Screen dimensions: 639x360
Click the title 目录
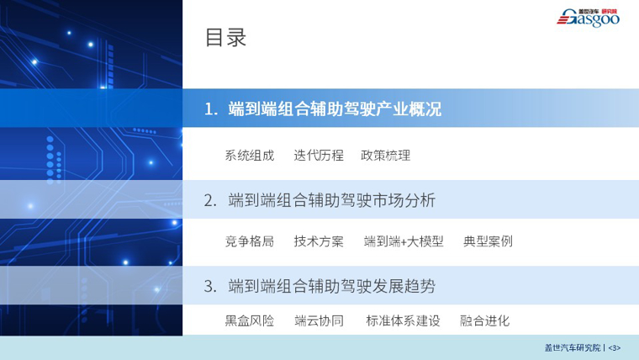(x=225, y=38)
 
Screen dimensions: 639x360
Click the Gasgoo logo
(x=588, y=18)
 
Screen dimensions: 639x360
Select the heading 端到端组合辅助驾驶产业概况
(x=335, y=109)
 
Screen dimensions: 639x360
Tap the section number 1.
(x=211, y=109)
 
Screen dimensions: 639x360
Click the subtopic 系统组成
(x=250, y=156)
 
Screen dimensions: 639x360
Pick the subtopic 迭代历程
(x=319, y=156)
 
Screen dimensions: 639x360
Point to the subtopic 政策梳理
(x=386, y=156)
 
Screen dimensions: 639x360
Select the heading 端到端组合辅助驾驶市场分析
(x=332, y=200)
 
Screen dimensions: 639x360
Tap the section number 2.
(x=210, y=200)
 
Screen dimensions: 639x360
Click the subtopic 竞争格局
(x=250, y=241)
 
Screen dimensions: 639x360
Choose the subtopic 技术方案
(x=319, y=241)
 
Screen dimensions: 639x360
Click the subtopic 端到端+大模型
(x=404, y=241)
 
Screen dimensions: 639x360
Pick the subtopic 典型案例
(x=488, y=241)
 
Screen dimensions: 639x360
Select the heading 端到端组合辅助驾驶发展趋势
(x=332, y=286)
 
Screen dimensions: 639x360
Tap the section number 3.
(x=210, y=287)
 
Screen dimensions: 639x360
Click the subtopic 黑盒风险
(x=250, y=320)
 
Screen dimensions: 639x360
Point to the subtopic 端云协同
(x=319, y=320)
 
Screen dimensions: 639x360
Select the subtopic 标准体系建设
(x=403, y=320)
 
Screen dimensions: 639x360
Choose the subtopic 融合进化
(x=484, y=320)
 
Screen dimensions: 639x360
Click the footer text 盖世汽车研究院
(x=573, y=347)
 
